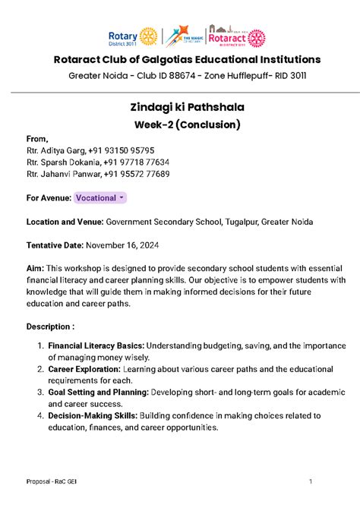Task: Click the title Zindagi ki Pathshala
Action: point(179,109)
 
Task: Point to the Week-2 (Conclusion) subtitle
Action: point(179,125)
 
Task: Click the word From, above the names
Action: point(37,139)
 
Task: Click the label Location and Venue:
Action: point(65,222)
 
